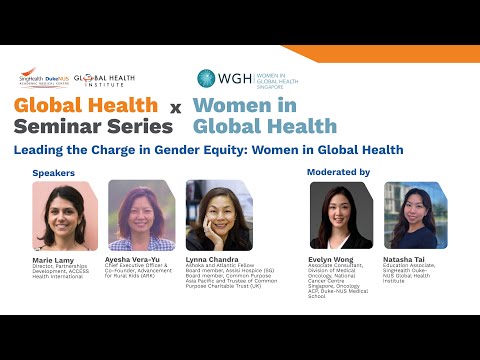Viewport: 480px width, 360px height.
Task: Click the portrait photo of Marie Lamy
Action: click(x=63, y=216)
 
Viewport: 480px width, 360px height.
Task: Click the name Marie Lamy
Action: click(x=53, y=259)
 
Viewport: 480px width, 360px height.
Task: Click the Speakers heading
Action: click(x=53, y=173)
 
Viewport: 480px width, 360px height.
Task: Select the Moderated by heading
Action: click(x=338, y=172)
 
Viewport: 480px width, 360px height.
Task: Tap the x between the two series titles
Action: click(x=174, y=106)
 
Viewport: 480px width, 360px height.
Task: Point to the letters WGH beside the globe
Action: click(x=234, y=78)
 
